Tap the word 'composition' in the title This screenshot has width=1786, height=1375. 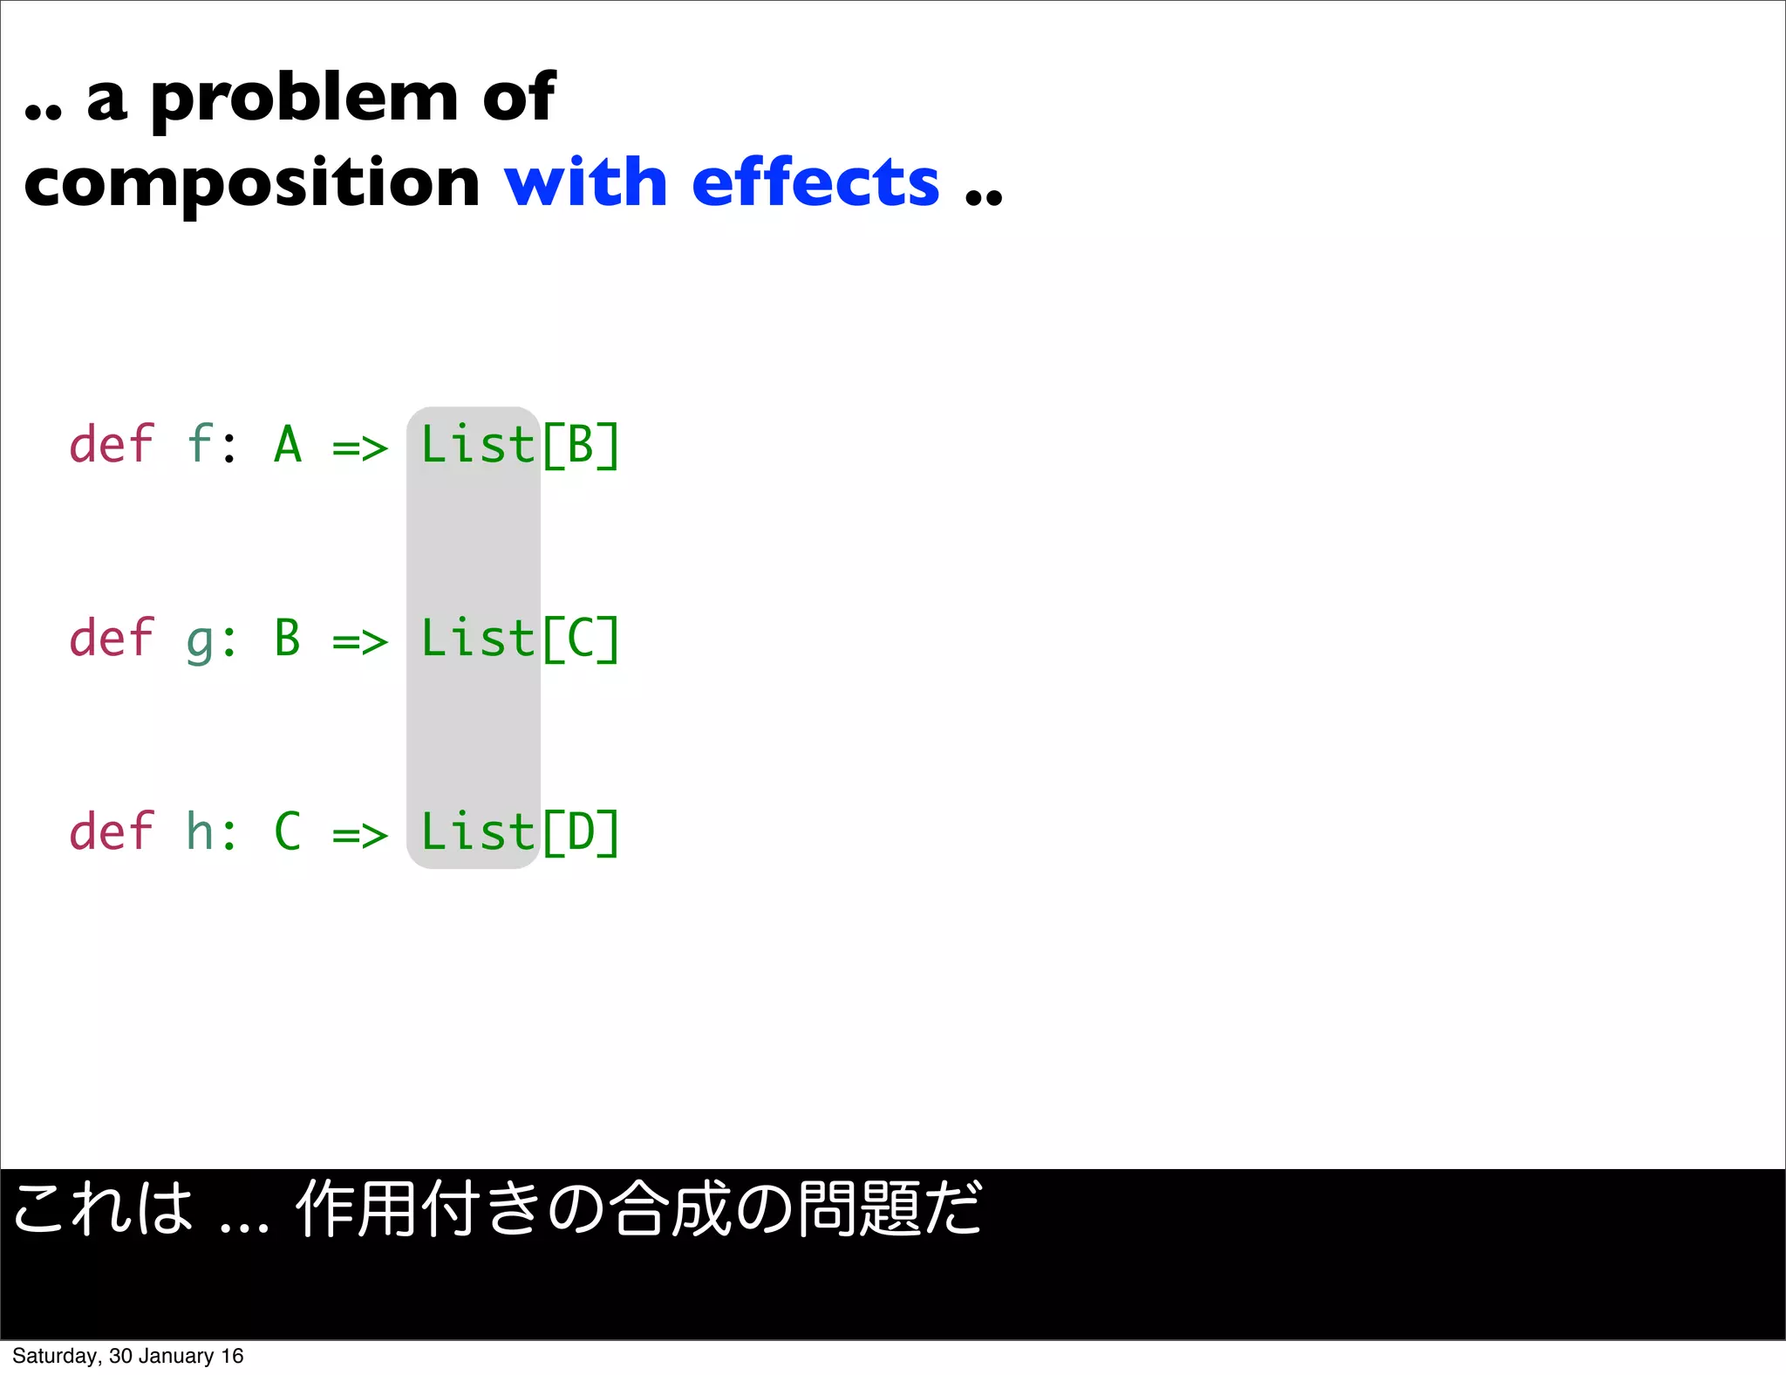tap(252, 183)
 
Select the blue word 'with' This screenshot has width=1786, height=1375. tap(585, 183)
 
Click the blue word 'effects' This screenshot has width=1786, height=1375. tap(815, 183)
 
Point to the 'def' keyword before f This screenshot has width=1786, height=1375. tap(112, 445)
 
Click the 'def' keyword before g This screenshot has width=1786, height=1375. tap(112, 639)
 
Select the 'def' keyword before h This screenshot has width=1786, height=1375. tap(112, 831)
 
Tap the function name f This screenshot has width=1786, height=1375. tap(201, 445)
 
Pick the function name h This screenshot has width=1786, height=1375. tap(200, 831)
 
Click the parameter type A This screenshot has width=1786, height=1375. tap(288, 445)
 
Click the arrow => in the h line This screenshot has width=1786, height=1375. tap(359, 836)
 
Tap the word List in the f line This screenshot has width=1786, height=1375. tap(477, 445)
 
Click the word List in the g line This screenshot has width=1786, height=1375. tap(477, 639)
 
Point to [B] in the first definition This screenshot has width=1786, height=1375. tap(581, 445)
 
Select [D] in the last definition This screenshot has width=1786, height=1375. tap(581, 831)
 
